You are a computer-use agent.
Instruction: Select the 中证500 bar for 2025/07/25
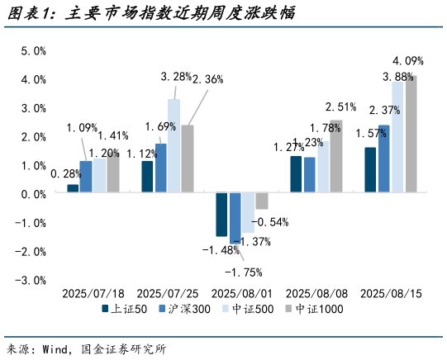point(174,146)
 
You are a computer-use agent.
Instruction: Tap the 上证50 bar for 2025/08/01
point(221,215)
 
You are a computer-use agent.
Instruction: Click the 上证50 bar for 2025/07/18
point(73,189)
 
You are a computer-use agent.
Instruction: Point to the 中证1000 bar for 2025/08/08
point(335,157)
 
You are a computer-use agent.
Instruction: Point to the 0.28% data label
point(65,174)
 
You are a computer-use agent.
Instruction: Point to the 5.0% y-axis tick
point(33,51)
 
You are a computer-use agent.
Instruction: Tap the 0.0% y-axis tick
point(33,194)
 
